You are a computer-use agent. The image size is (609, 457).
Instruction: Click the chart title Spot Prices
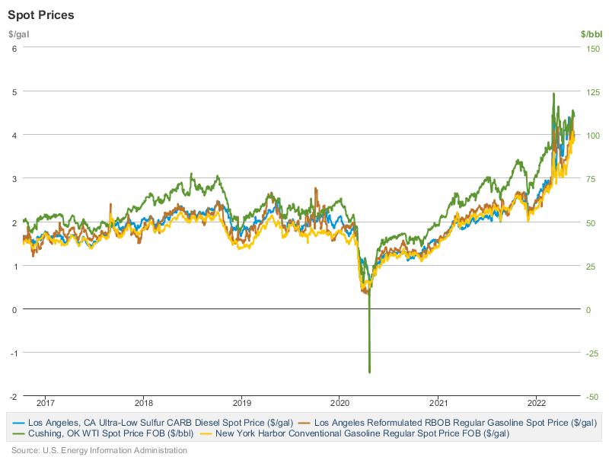pos(41,15)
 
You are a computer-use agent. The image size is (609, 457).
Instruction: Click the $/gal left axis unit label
pos(18,34)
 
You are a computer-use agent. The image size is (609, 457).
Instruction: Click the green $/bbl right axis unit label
pos(591,34)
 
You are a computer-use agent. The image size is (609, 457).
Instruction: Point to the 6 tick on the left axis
pos(14,48)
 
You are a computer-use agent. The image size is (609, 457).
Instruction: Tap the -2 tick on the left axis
pos(13,397)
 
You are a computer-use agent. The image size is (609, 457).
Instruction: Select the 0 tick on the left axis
pos(14,309)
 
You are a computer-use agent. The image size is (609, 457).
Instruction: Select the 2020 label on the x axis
pos(340,402)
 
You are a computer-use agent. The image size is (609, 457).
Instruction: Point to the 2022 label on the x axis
pos(537,402)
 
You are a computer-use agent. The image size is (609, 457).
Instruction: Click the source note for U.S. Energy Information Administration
pos(99,450)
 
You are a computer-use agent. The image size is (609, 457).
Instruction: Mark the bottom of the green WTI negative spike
pos(369,372)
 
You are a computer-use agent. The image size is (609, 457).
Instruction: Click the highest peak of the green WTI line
pos(553,94)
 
